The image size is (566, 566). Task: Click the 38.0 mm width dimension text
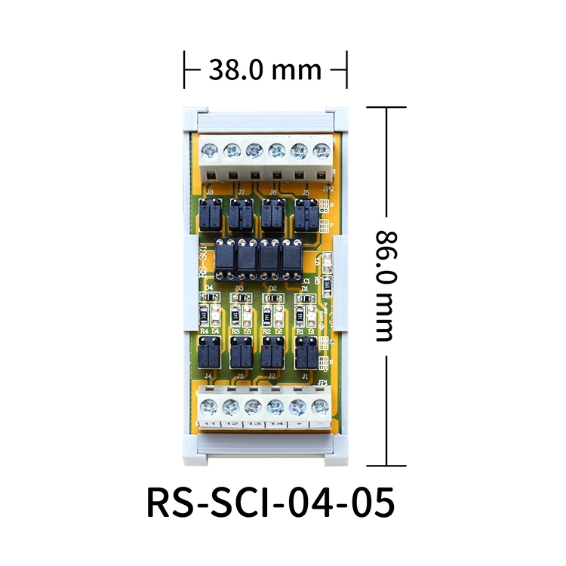[x=265, y=70]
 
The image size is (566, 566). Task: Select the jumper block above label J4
[x=208, y=351]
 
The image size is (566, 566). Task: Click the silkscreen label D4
[x=208, y=288]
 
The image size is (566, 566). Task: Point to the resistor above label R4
[x=204, y=317]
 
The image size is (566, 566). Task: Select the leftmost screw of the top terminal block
[x=209, y=151]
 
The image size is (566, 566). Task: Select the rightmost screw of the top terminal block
[x=321, y=151]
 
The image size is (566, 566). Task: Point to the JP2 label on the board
[x=328, y=189]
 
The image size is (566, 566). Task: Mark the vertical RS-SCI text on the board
[x=203, y=261]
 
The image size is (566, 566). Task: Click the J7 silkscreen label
[x=241, y=193]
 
